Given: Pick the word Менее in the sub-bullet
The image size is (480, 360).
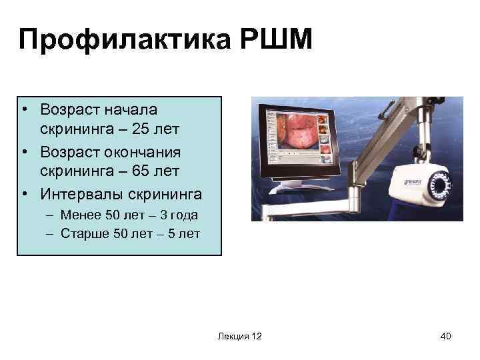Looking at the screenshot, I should tap(77, 216).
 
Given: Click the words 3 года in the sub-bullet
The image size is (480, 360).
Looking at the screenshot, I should tap(179, 216).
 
